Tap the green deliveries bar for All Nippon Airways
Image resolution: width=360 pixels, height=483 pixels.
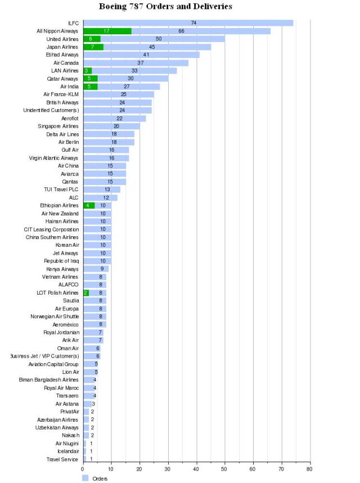click(107, 31)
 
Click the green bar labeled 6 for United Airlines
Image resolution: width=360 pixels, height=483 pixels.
click(92, 39)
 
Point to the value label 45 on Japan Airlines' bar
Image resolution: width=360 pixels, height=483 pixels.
click(152, 47)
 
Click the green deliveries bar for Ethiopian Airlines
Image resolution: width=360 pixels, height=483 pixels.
click(89, 205)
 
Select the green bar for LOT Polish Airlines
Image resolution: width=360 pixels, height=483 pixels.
click(86, 292)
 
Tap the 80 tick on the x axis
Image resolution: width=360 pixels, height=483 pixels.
click(309, 468)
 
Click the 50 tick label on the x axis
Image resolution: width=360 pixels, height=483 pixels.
click(224, 468)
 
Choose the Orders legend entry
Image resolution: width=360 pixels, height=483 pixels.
click(96, 479)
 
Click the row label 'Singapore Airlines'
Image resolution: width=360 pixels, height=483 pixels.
click(58, 126)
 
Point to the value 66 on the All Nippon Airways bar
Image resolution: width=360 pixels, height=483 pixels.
click(181, 31)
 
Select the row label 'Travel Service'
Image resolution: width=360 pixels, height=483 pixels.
click(62, 459)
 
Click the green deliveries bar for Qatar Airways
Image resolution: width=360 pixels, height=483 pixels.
click(90, 79)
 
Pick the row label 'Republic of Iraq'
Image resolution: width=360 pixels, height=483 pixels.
click(61, 261)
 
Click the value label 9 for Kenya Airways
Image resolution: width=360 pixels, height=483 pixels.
click(102, 269)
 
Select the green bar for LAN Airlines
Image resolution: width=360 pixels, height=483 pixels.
click(87, 70)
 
